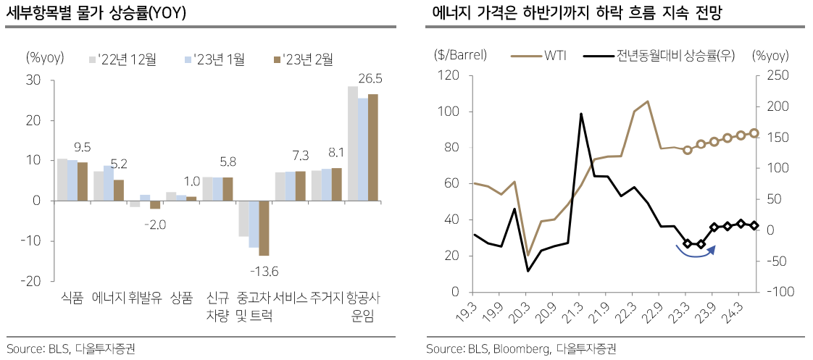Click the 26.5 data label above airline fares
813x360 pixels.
tap(370, 78)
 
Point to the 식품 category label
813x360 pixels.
tap(72, 298)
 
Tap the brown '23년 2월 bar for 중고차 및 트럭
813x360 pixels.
tap(264, 228)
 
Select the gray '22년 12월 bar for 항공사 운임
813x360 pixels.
tap(352, 143)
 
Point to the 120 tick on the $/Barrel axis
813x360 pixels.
tap(450, 75)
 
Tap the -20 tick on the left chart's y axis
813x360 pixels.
tap(34, 281)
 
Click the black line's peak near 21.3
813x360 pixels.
tap(581, 114)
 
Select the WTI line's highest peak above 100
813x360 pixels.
tap(647, 101)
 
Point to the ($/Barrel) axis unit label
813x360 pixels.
tap(460, 55)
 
